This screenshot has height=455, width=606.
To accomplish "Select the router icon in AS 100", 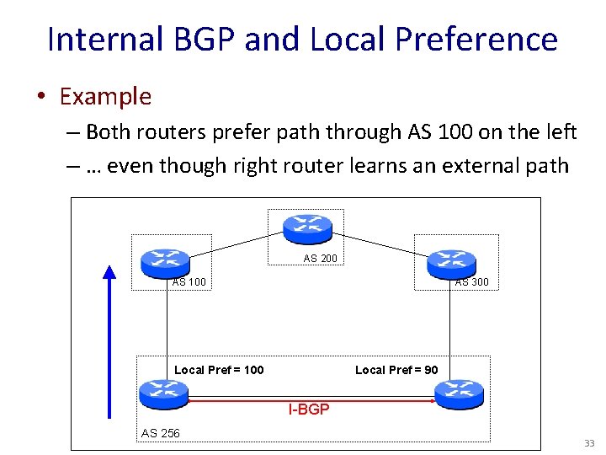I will coord(166,261).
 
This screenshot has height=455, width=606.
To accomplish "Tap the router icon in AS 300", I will coord(451,262).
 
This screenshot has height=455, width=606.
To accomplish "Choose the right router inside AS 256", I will coord(459,392).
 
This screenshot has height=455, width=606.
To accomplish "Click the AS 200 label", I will coord(320,259).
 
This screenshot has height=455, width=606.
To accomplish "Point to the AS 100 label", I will coord(189,282).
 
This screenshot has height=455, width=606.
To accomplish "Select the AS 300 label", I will coord(471,282).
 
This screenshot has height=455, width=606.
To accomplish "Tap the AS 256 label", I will coord(160,433).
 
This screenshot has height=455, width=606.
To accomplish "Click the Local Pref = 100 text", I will coord(219,370).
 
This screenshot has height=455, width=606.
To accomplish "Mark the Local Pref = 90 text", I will coord(396,370).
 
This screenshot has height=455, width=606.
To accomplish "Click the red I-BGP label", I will coord(309,410).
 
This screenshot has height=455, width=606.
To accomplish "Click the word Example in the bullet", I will coord(105,96).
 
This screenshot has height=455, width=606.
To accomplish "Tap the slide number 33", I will coord(588,443).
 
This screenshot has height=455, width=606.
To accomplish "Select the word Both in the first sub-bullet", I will coord(108,131).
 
